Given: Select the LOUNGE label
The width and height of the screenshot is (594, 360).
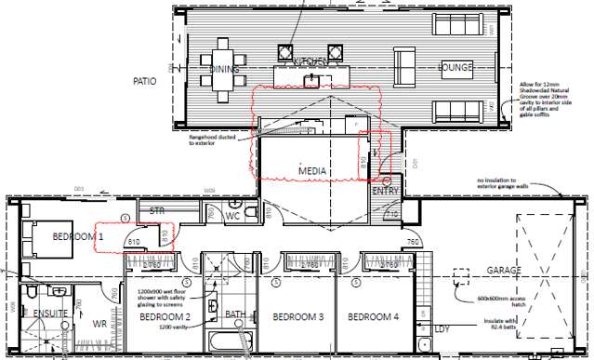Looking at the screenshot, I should click(x=457, y=67).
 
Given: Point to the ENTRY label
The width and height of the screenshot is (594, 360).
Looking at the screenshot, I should click(x=385, y=190).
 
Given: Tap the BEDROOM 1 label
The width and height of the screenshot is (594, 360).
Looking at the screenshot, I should click(x=63, y=238).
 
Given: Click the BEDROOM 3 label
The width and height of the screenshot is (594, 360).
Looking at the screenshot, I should click(x=297, y=317).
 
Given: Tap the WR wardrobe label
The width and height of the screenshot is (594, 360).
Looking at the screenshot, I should click(x=99, y=326).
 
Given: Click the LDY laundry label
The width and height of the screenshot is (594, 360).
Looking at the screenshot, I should click(x=443, y=329).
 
